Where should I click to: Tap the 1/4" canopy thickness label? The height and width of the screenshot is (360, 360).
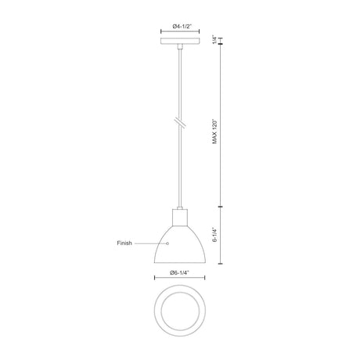point(214,39)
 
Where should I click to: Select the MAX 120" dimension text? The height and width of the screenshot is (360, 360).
point(214,131)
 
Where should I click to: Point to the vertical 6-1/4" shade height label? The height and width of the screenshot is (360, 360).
point(214,235)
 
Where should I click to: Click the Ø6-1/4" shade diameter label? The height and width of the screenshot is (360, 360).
point(179,273)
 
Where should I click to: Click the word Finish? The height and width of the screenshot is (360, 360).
point(124,243)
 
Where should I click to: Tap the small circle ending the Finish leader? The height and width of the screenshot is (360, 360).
point(167,243)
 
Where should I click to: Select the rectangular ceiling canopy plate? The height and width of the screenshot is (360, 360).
point(180,41)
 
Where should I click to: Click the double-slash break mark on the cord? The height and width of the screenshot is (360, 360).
point(180,123)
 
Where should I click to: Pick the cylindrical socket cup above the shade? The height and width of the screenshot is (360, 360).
point(180,218)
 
